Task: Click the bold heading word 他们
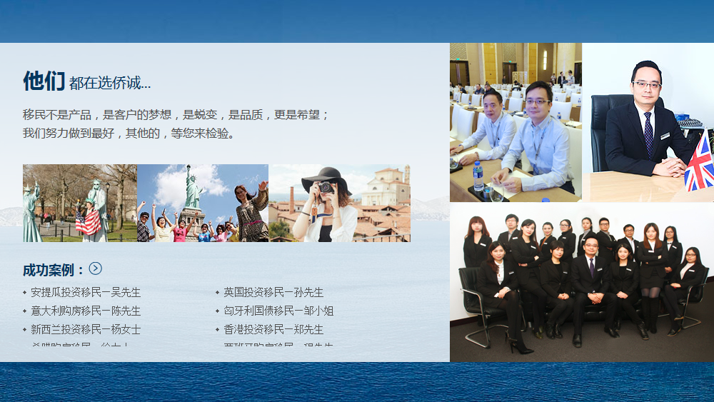44,81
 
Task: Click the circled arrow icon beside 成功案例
96,268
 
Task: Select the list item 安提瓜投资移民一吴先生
86,292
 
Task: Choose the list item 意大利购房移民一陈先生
86,311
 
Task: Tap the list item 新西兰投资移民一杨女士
86,329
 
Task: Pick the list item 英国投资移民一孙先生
273,292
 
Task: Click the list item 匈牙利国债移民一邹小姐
278,311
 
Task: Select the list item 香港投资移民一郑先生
273,329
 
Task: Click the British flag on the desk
699,164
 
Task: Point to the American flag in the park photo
89,221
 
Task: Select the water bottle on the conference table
478,176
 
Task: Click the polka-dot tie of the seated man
648,133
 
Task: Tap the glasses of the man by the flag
647,85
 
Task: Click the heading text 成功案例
54,270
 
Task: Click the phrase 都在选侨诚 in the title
110,84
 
